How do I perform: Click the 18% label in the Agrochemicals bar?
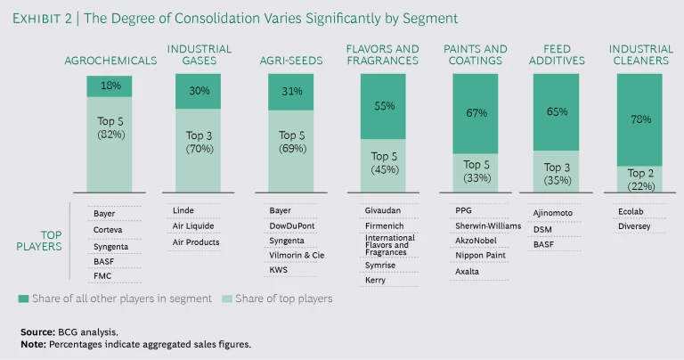pos(110,86)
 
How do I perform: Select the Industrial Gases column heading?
pos(199,54)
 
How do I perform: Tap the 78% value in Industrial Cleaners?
pos(639,119)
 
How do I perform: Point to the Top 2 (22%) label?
pos(639,178)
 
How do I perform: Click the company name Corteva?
pos(109,229)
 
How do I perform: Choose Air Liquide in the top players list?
pos(194,225)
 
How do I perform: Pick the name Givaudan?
pos(383,210)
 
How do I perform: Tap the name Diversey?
pos(634,226)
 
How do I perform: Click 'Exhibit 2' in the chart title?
pos(49,18)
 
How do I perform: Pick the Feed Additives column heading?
pos(557,54)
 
